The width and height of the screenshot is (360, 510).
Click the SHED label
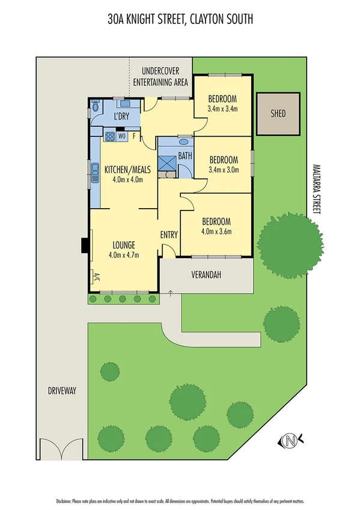coord(278,114)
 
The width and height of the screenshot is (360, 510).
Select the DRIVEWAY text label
coord(62,391)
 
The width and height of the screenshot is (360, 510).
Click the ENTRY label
coord(169,235)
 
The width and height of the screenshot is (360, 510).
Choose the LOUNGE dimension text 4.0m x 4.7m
coord(124,255)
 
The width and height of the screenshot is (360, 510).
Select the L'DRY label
coord(123,117)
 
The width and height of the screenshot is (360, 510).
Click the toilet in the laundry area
coord(96,109)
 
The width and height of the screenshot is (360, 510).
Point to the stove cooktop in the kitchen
coord(109,137)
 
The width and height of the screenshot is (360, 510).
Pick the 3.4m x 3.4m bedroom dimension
coord(222,109)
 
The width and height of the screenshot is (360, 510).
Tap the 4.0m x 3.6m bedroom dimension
coord(216,230)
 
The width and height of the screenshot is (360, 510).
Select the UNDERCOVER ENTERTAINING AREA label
coord(160,76)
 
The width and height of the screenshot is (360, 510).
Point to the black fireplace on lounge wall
coord(84,245)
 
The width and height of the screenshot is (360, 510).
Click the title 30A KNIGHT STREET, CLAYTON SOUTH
coord(180,20)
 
